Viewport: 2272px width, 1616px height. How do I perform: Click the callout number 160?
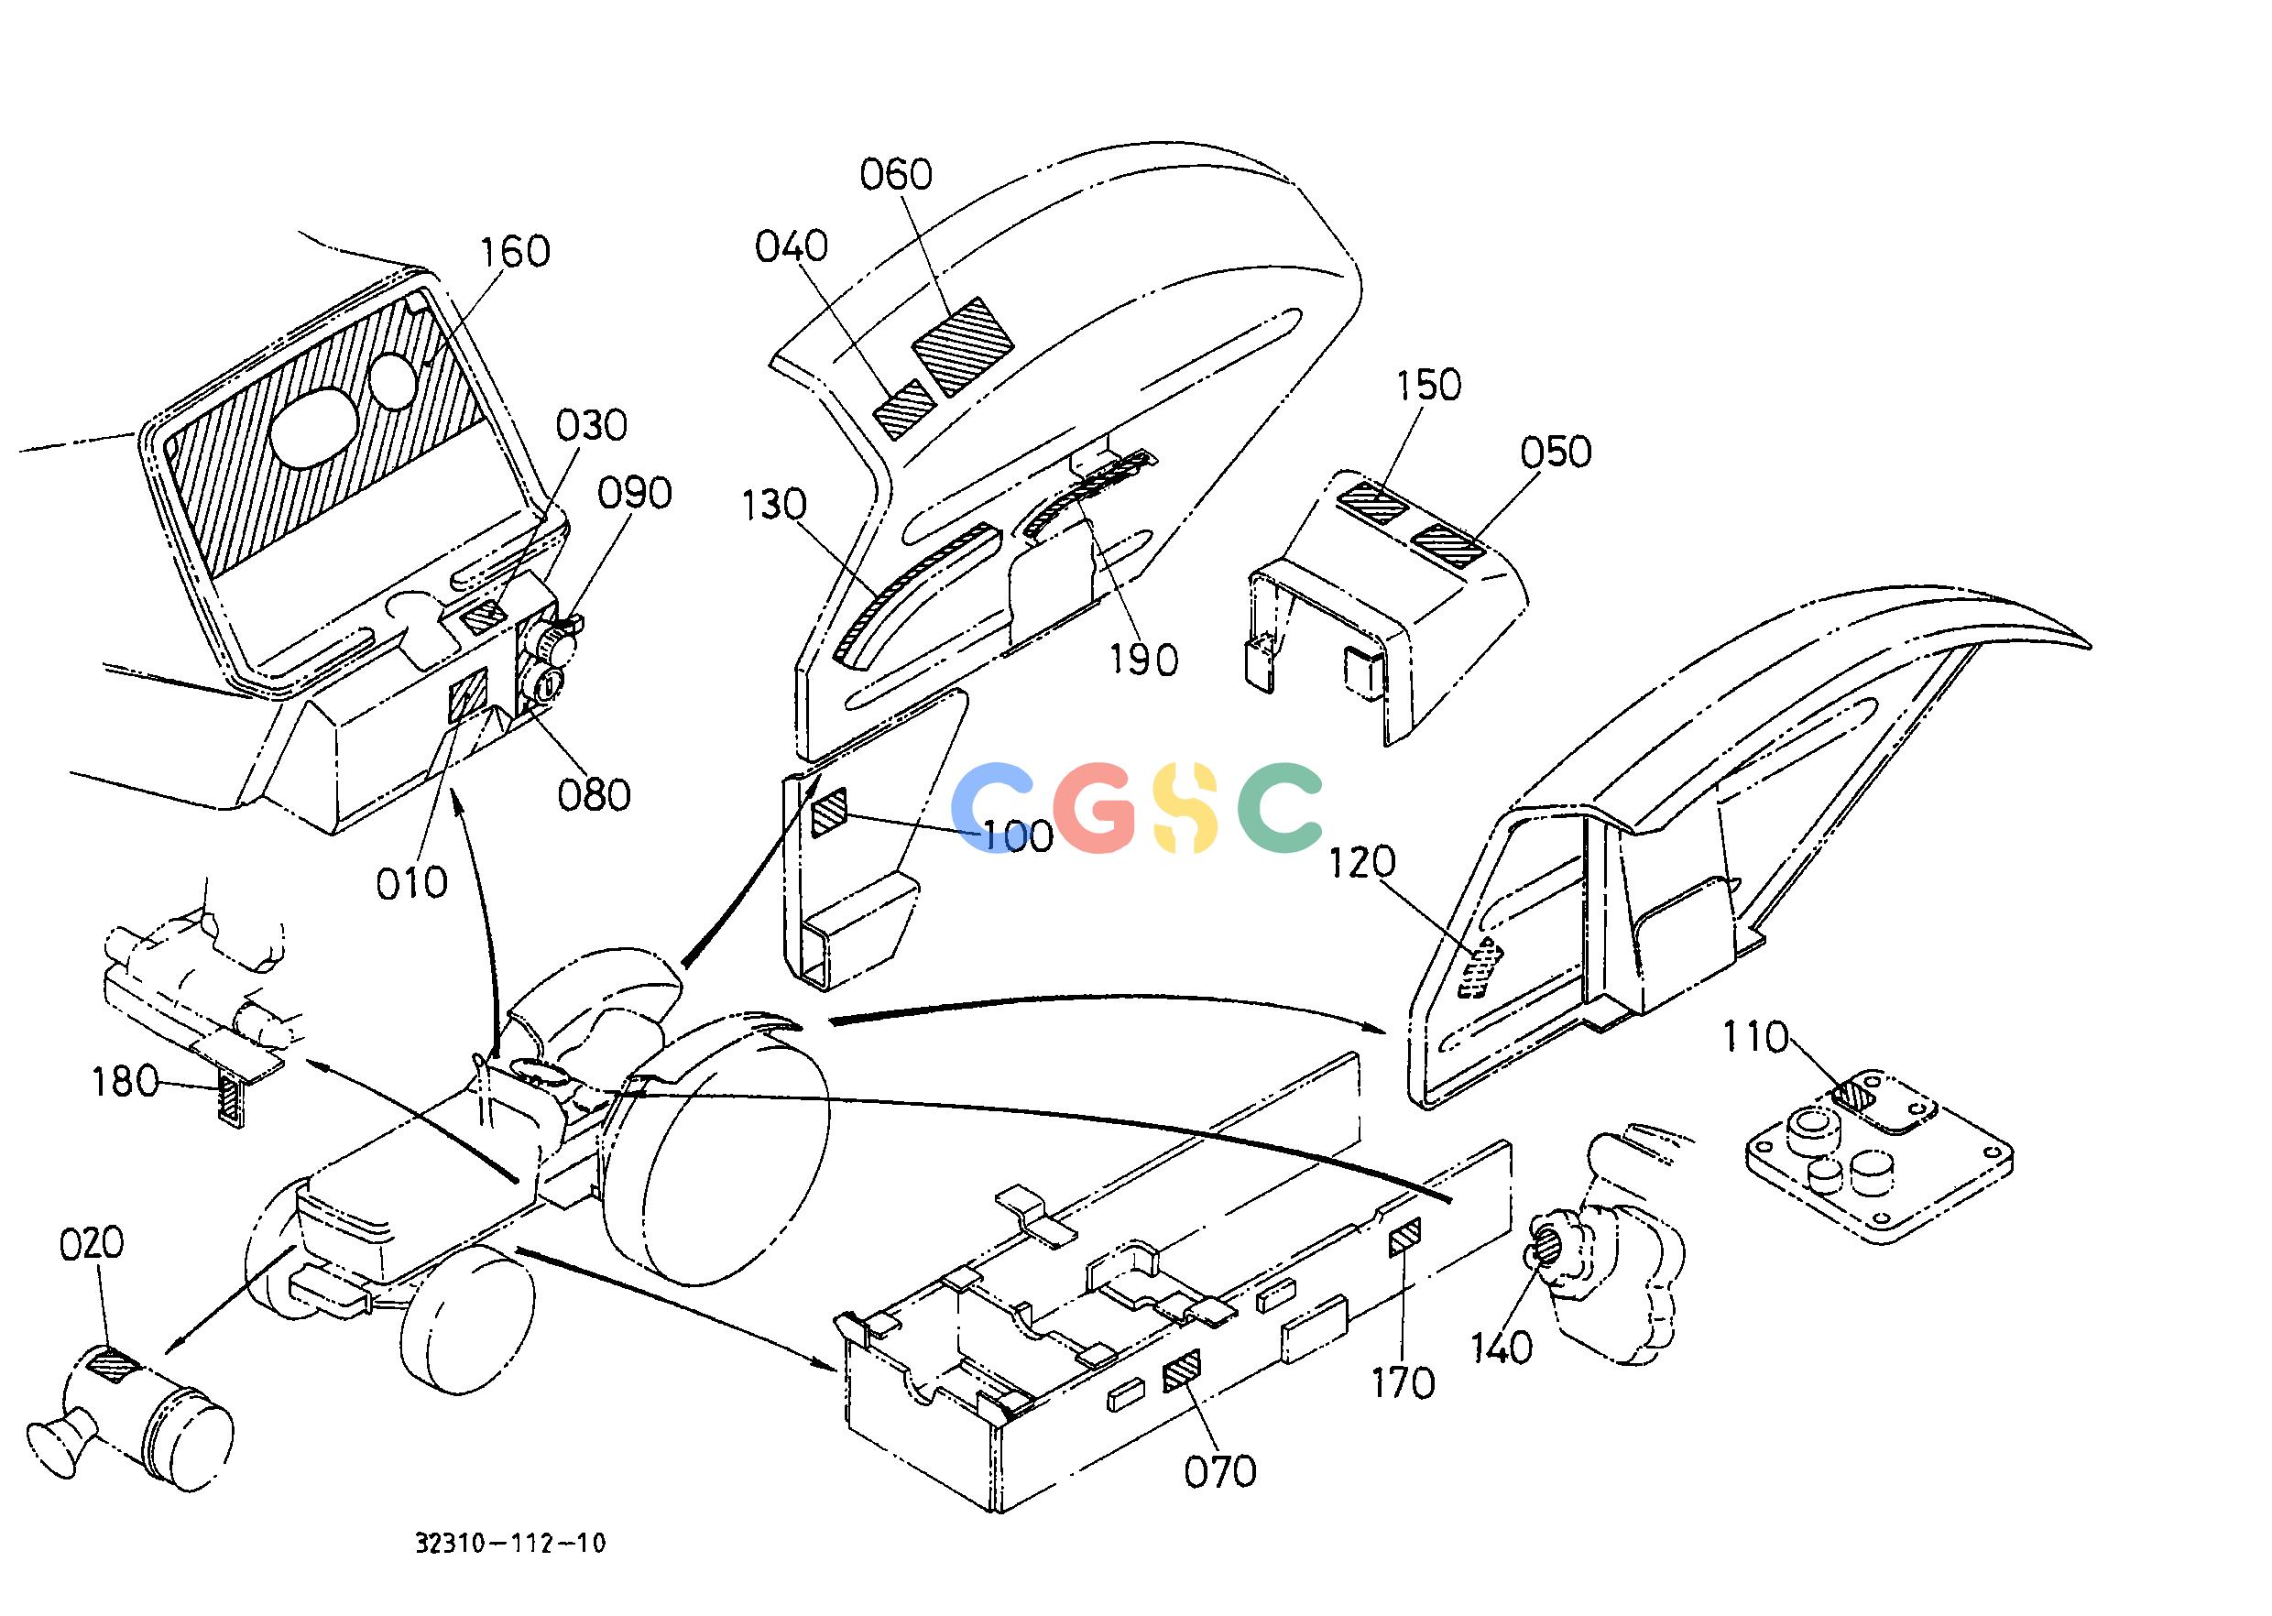515,252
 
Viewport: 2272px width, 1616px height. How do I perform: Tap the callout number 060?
896,175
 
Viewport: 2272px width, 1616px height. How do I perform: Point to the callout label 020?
92,1244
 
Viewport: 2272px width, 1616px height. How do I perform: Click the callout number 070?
1220,1470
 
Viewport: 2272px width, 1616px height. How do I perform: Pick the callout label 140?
1502,1348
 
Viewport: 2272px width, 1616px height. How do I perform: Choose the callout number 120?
1363,863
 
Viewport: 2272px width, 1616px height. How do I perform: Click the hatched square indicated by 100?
829,812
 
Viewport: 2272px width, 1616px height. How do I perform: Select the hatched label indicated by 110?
1853,1096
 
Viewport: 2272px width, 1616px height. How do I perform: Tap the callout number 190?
1145,660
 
